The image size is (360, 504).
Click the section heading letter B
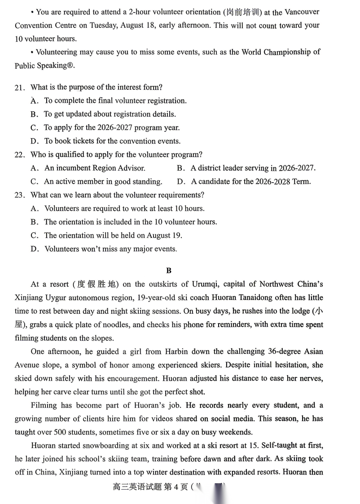[169, 270]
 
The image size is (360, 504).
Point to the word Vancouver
[302, 12]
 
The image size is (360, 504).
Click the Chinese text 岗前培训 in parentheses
[242, 12]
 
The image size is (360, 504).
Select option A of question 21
[34, 101]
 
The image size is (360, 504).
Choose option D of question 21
[34, 141]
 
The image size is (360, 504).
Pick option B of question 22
[181, 168]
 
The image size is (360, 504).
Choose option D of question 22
[181, 182]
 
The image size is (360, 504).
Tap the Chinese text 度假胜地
[97, 284]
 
